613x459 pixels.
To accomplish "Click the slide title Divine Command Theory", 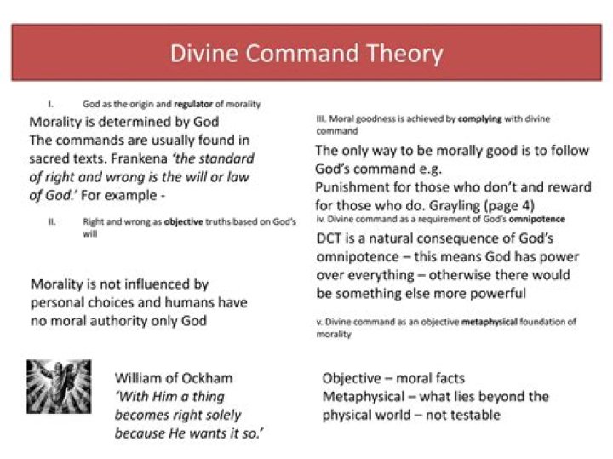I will [x=306, y=53].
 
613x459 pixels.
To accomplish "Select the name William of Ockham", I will [x=174, y=377].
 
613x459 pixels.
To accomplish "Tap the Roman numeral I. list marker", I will [x=53, y=104].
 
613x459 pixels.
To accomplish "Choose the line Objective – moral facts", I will [x=394, y=377].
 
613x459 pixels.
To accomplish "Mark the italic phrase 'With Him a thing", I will [x=169, y=396].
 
